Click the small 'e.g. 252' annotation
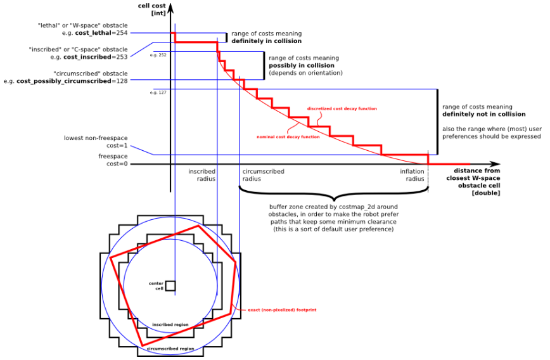158,55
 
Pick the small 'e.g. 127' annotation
158,93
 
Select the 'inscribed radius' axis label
201,175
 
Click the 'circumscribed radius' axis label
263,175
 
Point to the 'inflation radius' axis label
412,175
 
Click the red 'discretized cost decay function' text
342,109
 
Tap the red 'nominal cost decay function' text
288,137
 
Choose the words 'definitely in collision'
266,41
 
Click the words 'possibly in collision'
302,65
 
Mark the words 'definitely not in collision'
483,114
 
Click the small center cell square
170,286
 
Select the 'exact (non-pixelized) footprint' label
282,310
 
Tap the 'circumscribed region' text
170,349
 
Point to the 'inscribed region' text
170,325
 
